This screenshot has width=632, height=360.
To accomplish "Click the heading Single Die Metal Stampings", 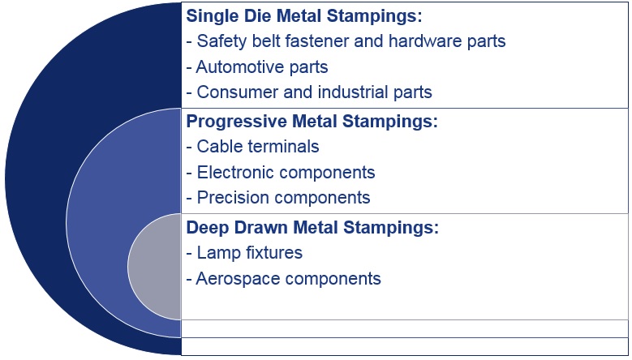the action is (x=304, y=16).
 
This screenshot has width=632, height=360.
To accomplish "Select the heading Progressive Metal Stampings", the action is (x=312, y=122).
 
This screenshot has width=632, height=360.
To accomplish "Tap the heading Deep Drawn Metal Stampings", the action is (x=312, y=228).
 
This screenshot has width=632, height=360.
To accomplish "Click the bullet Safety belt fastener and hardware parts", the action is (x=346, y=41).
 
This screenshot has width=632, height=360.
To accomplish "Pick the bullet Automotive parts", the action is (x=257, y=66).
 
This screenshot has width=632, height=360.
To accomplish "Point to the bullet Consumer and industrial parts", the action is (x=309, y=92).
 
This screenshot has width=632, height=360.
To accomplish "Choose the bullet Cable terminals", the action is (x=253, y=147).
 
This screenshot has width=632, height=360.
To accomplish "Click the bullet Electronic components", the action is (x=281, y=173).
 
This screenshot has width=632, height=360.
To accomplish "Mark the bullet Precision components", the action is (x=278, y=198).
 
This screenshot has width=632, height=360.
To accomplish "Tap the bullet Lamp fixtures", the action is (x=244, y=253).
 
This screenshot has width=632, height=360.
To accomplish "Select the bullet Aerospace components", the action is (x=284, y=279).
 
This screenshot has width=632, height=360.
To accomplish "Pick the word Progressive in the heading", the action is (x=236, y=122).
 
